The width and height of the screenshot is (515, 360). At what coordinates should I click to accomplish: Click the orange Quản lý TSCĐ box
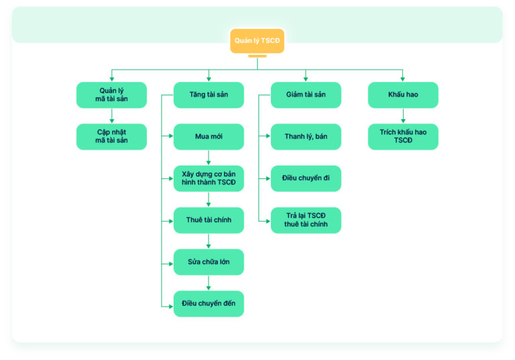point(257,41)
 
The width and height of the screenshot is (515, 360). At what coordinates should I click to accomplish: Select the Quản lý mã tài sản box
point(112,95)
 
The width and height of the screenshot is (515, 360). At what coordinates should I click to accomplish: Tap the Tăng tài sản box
point(209,95)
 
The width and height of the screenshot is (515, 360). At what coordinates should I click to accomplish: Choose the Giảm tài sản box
point(306,95)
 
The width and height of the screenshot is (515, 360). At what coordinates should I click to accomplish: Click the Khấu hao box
point(403,95)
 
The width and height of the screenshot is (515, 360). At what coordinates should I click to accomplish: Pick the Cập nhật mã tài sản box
point(112,137)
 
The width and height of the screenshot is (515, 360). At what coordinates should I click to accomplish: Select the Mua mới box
point(209,137)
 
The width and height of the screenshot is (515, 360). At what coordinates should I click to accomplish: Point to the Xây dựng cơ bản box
point(209,178)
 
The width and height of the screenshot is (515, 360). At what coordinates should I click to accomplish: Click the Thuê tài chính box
point(209,220)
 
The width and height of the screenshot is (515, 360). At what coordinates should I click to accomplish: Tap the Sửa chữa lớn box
point(209,262)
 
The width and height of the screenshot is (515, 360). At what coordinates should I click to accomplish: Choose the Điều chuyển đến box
point(209,304)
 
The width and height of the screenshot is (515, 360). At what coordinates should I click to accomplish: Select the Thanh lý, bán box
point(306,137)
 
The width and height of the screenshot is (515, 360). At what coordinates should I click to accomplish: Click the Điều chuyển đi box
point(306,178)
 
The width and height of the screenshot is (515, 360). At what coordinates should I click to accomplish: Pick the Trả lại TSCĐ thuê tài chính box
point(306,220)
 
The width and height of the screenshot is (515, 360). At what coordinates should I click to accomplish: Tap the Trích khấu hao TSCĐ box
point(403,137)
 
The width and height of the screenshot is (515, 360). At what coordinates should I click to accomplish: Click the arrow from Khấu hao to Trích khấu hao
point(403,116)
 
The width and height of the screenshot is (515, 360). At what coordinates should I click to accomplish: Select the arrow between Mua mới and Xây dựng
point(209,158)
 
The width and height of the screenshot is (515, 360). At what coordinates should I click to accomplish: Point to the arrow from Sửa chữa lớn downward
point(209,283)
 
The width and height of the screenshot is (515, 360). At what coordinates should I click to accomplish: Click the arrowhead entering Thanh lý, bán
point(268,135)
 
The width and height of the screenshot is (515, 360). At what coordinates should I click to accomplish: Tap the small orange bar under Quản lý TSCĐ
point(257,56)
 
